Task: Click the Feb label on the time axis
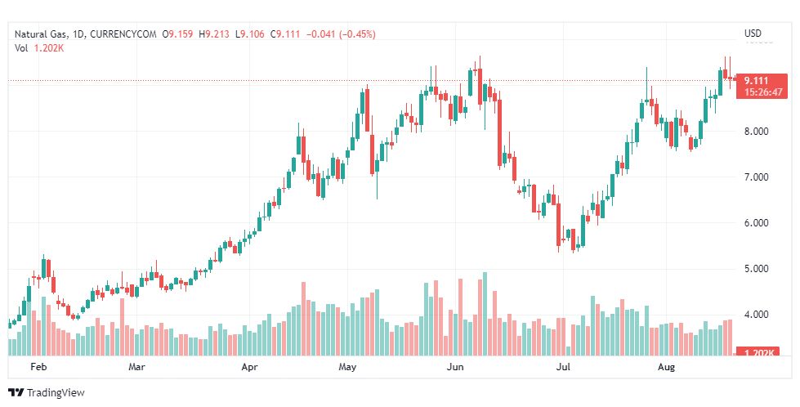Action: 38,368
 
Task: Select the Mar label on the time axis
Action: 137,368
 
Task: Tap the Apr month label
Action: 249,368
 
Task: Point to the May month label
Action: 348,368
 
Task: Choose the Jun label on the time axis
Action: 456,368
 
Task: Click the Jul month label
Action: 563,368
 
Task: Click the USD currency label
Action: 753,34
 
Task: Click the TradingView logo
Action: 47,393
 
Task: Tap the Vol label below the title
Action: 21,47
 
